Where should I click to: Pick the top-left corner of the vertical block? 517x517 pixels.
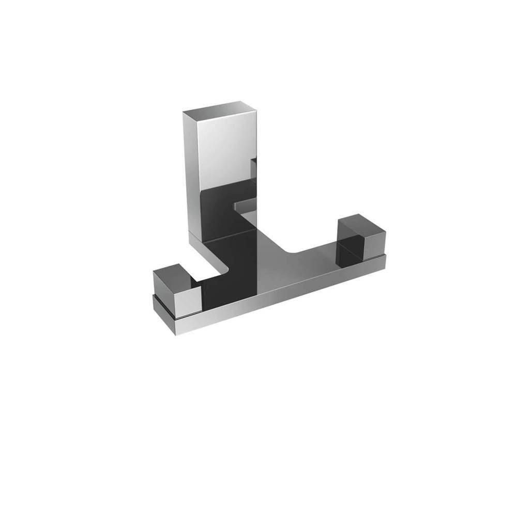184,111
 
